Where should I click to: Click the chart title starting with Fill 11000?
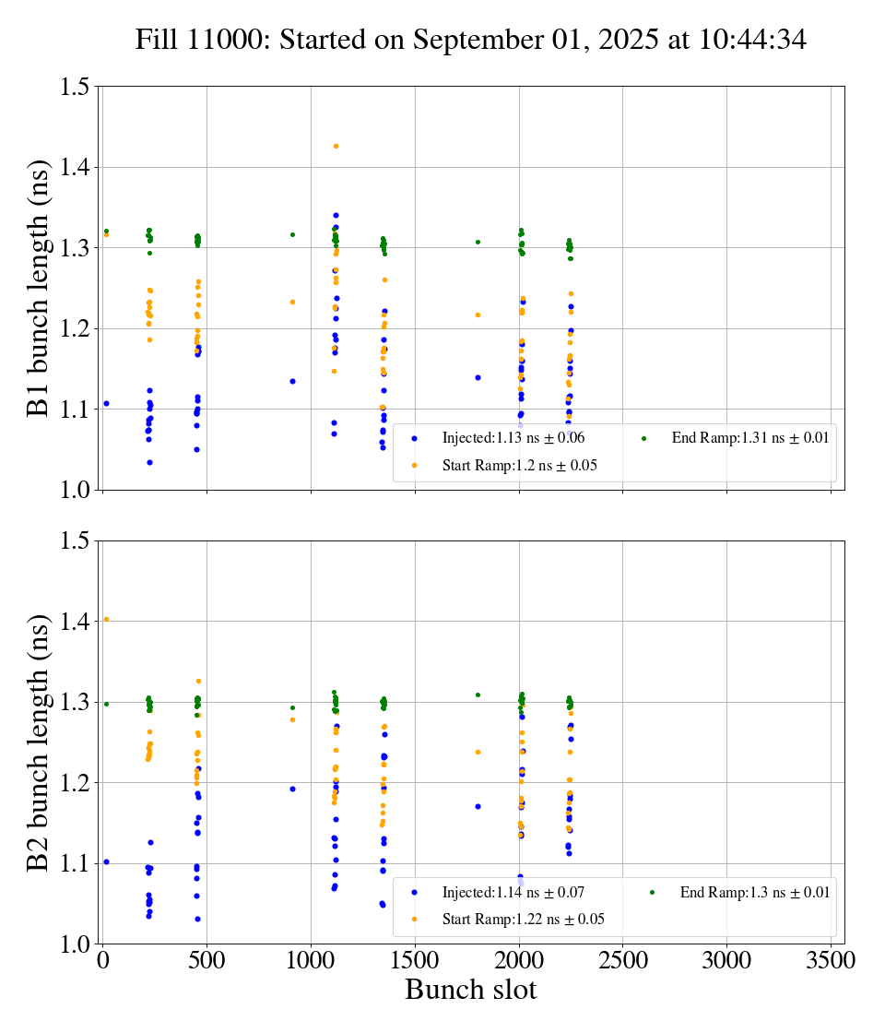471,40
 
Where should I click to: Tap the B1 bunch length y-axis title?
40,288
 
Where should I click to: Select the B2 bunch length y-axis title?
40,742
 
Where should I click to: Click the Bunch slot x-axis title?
470,990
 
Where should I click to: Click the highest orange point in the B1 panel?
336,146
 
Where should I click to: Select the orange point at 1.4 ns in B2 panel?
106,619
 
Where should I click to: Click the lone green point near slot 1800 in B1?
478,242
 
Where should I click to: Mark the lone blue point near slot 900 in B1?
292,381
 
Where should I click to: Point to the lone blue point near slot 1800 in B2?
478,806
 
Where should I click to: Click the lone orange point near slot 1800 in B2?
478,752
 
